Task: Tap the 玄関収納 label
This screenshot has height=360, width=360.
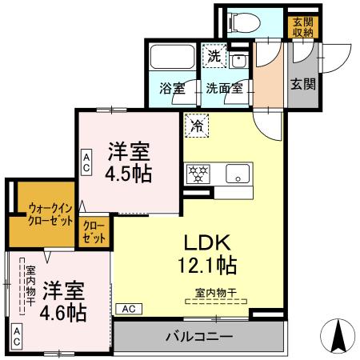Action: [302, 26]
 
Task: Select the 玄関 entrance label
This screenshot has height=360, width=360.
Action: [301, 83]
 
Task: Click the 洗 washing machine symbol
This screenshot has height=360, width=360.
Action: [214, 56]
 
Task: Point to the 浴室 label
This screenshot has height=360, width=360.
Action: [170, 89]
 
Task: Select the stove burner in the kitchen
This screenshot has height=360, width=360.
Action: [198, 173]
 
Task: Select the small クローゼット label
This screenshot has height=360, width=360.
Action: [94, 232]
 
